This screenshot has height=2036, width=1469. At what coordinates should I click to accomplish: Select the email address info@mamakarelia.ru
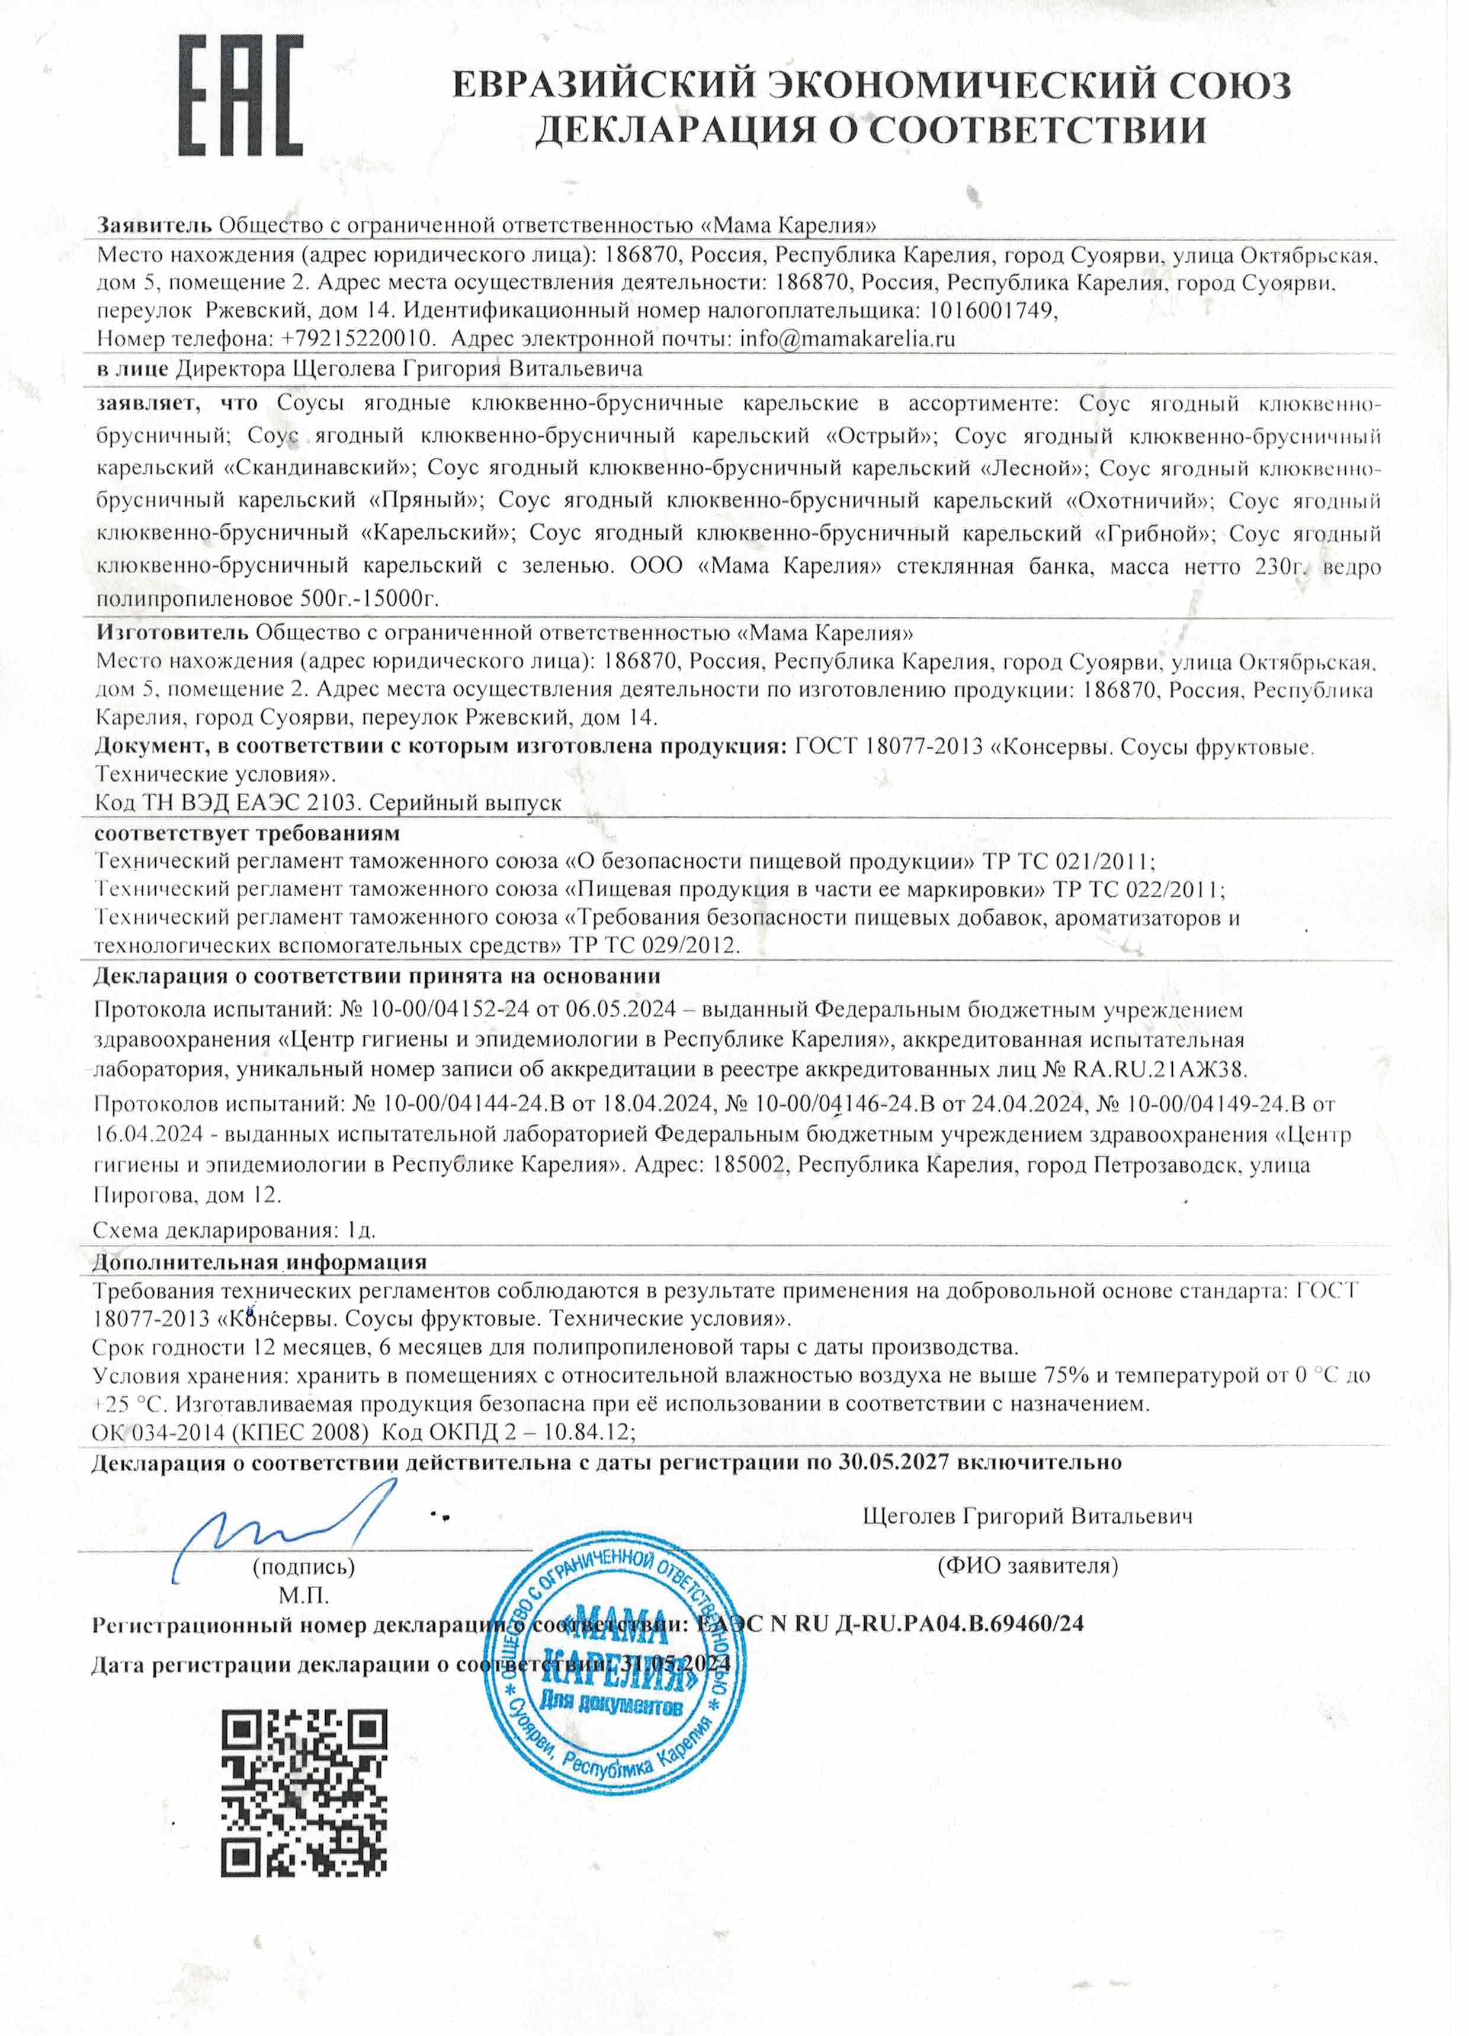846,338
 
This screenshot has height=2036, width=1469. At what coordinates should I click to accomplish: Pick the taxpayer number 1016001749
990,311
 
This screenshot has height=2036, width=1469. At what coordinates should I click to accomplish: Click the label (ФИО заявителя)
1028,1567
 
